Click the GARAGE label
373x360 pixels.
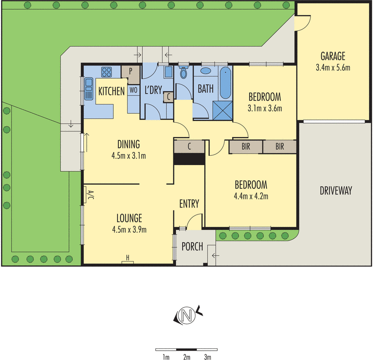pyautogui.click(x=332, y=57)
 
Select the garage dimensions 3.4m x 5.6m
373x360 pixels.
pyautogui.click(x=332, y=68)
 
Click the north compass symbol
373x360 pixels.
pyautogui.click(x=188, y=316)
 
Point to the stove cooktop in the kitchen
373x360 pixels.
pyautogui.click(x=107, y=72)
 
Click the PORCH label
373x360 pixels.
pyautogui.click(x=192, y=246)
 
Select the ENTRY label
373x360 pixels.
pyautogui.click(x=189, y=204)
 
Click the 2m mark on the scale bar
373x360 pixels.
pyautogui.click(x=187, y=357)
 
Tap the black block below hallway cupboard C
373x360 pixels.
pyautogui.click(x=189, y=159)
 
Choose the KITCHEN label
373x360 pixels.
pyautogui.click(x=111, y=91)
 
